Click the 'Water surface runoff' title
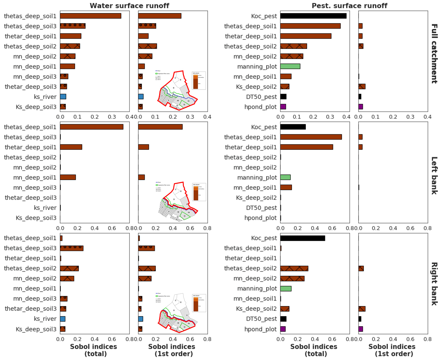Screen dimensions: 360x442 (x=129, y=6)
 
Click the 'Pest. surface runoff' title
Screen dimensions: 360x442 (x=349, y=6)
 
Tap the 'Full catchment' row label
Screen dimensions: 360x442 (x=434, y=54)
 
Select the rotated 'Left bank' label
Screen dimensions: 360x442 (x=434, y=175)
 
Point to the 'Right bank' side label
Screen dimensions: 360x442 (x=434, y=284)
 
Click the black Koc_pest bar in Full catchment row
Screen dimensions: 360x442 (x=313, y=16)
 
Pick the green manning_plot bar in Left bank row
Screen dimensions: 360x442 (x=285, y=177)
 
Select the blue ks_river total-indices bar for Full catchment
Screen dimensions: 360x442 (x=63, y=97)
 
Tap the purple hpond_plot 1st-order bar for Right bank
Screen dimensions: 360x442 (x=361, y=329)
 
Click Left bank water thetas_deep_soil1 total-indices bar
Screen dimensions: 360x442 (x=91, y=127)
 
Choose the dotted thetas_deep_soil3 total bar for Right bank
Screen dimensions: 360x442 (x=72, y=248)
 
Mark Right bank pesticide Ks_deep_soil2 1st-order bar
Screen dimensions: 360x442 (x=362, y=309)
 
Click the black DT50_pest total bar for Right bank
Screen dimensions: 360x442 (x=283, y=319)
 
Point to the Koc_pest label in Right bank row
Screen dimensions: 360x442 (x=264, y=238)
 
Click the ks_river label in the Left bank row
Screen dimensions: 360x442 (x=45, y=208)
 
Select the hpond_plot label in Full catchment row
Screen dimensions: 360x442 (x=260, y=107)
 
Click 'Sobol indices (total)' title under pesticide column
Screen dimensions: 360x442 (x=314, y=350)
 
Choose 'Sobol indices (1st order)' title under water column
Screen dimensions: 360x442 (x=172, y=350)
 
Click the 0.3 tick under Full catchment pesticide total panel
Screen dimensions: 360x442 (x=330, y=117)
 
